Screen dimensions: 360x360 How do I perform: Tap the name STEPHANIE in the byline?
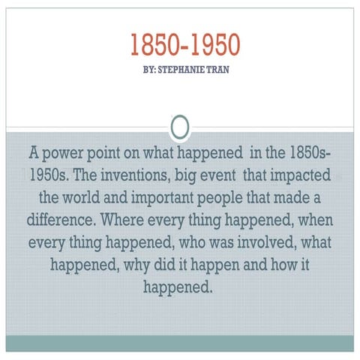[x=181, y=76]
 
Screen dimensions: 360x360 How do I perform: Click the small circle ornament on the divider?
[x=180, y=127]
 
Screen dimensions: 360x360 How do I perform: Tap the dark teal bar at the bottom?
[x=180, y=343]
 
